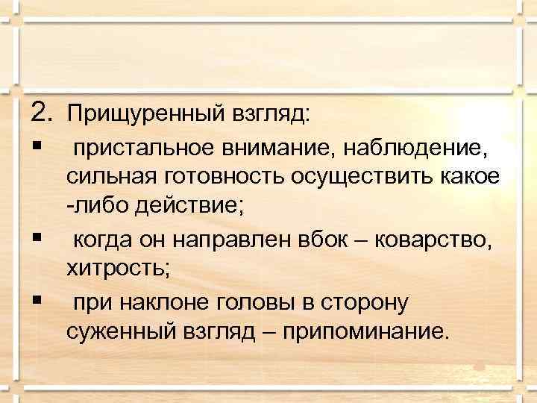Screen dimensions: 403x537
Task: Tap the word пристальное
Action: point(143,151)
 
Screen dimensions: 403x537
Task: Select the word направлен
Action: point(224,240)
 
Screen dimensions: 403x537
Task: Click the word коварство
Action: point(433,240)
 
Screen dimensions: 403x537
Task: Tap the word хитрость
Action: point(118,268)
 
